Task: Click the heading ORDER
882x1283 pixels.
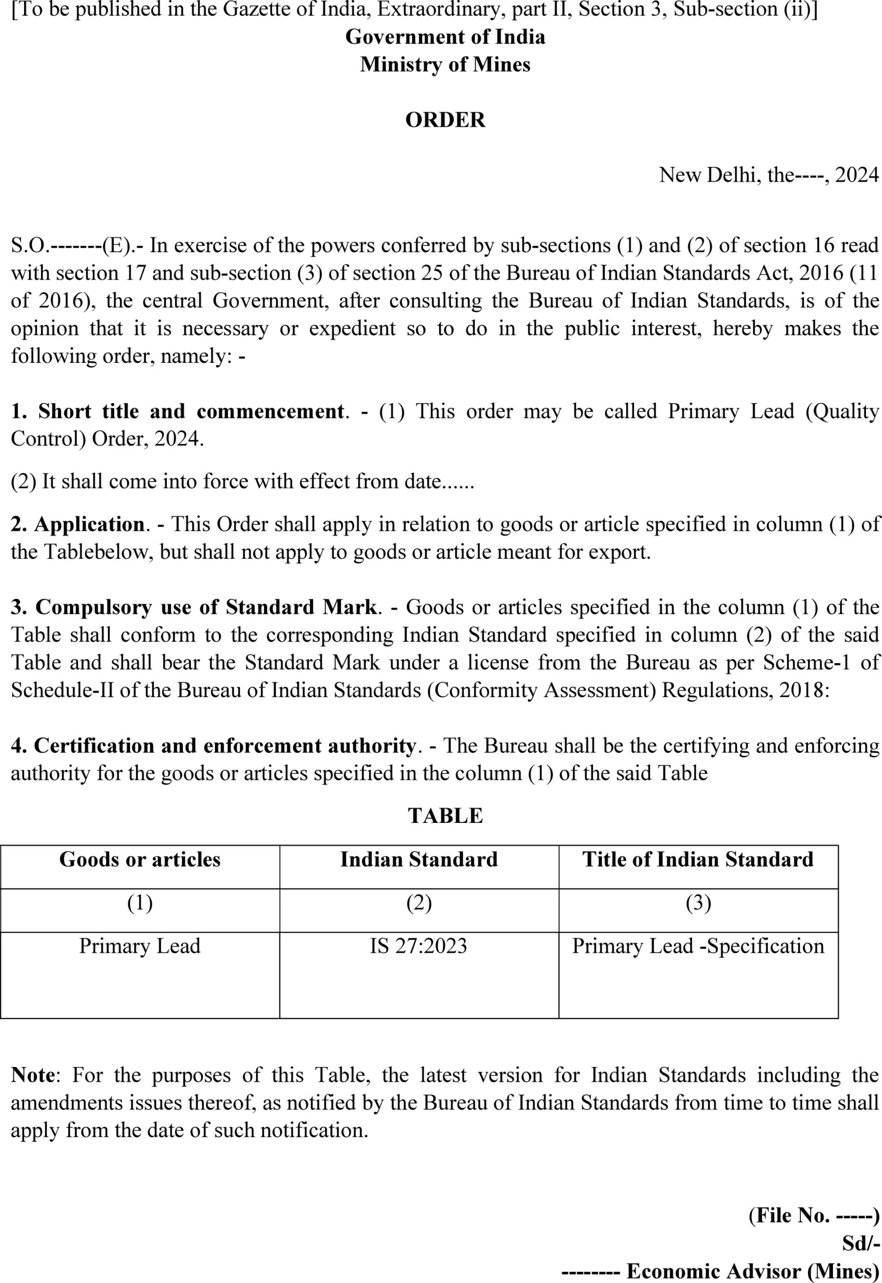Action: [x=445, y=120]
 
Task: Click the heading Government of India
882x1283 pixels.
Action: [x=445, y=37]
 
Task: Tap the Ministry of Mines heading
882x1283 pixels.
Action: [x=445, y=65]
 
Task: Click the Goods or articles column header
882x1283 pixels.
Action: [x=140, y=860]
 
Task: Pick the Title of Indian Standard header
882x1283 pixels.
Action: [x=698, y=860]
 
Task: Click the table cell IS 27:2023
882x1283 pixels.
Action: [x=418, y=946]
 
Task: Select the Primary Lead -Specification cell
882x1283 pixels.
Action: [x=698, y=946]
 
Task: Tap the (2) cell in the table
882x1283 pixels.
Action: [x=418, y=903]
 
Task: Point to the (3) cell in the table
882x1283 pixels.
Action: [x=698, y=903]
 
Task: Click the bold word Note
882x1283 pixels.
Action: [x=33, y=1075]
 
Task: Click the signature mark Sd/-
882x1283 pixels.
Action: [x=860, y=1244]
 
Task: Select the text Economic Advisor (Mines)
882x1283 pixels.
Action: [x=752, y=1271]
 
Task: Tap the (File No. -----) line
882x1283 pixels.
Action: [x=813, y=1215]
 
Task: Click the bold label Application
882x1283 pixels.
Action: [x=89, y=524]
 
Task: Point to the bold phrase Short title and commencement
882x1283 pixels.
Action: [x=191, y=411]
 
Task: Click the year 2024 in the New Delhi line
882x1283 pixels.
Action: [x=856, y=175]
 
